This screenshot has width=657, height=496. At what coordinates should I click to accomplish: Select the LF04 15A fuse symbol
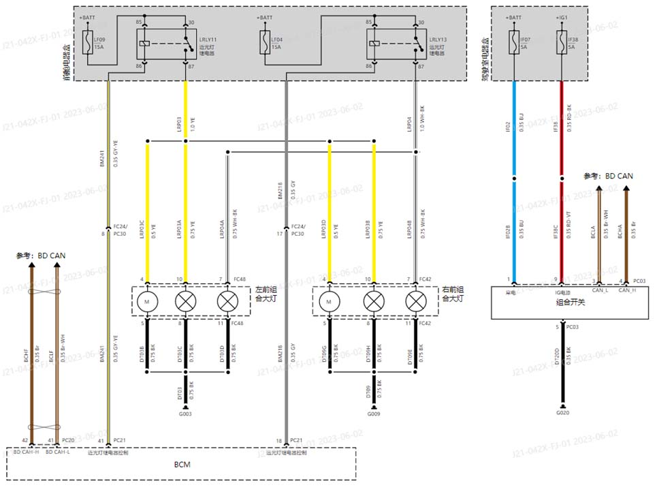click(266, 42)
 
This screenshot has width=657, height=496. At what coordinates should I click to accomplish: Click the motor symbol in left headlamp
click(146, 300)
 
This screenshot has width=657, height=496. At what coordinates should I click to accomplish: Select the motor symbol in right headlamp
click(329, 300)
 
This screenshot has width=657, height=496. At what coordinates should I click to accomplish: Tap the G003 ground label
click(185, 414)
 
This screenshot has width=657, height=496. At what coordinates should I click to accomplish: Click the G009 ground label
click(374, 414)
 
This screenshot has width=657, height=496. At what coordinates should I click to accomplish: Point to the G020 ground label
click(562, 413)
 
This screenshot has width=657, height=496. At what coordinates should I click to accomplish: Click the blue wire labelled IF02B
click(514, 232)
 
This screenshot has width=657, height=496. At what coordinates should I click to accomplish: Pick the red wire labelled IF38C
click(562, 232)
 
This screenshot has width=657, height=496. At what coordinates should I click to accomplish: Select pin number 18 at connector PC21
click(278, 441)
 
